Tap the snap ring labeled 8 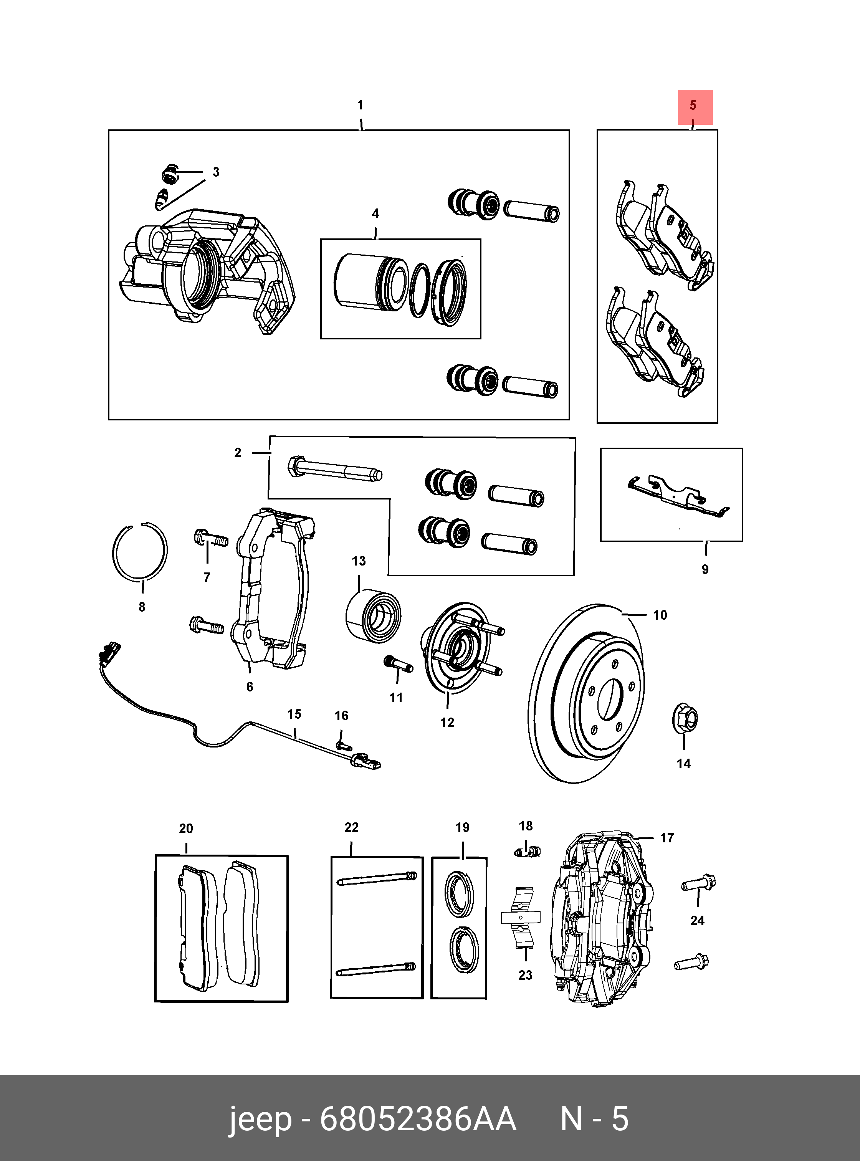click(114, 552)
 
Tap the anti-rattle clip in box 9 click(677, 497)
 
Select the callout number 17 click(667, 838)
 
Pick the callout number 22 click(351, 827)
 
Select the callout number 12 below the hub click(447, 722)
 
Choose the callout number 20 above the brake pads click(186, 828)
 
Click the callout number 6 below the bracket click(250, 687)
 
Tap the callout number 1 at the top click(360, 105)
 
